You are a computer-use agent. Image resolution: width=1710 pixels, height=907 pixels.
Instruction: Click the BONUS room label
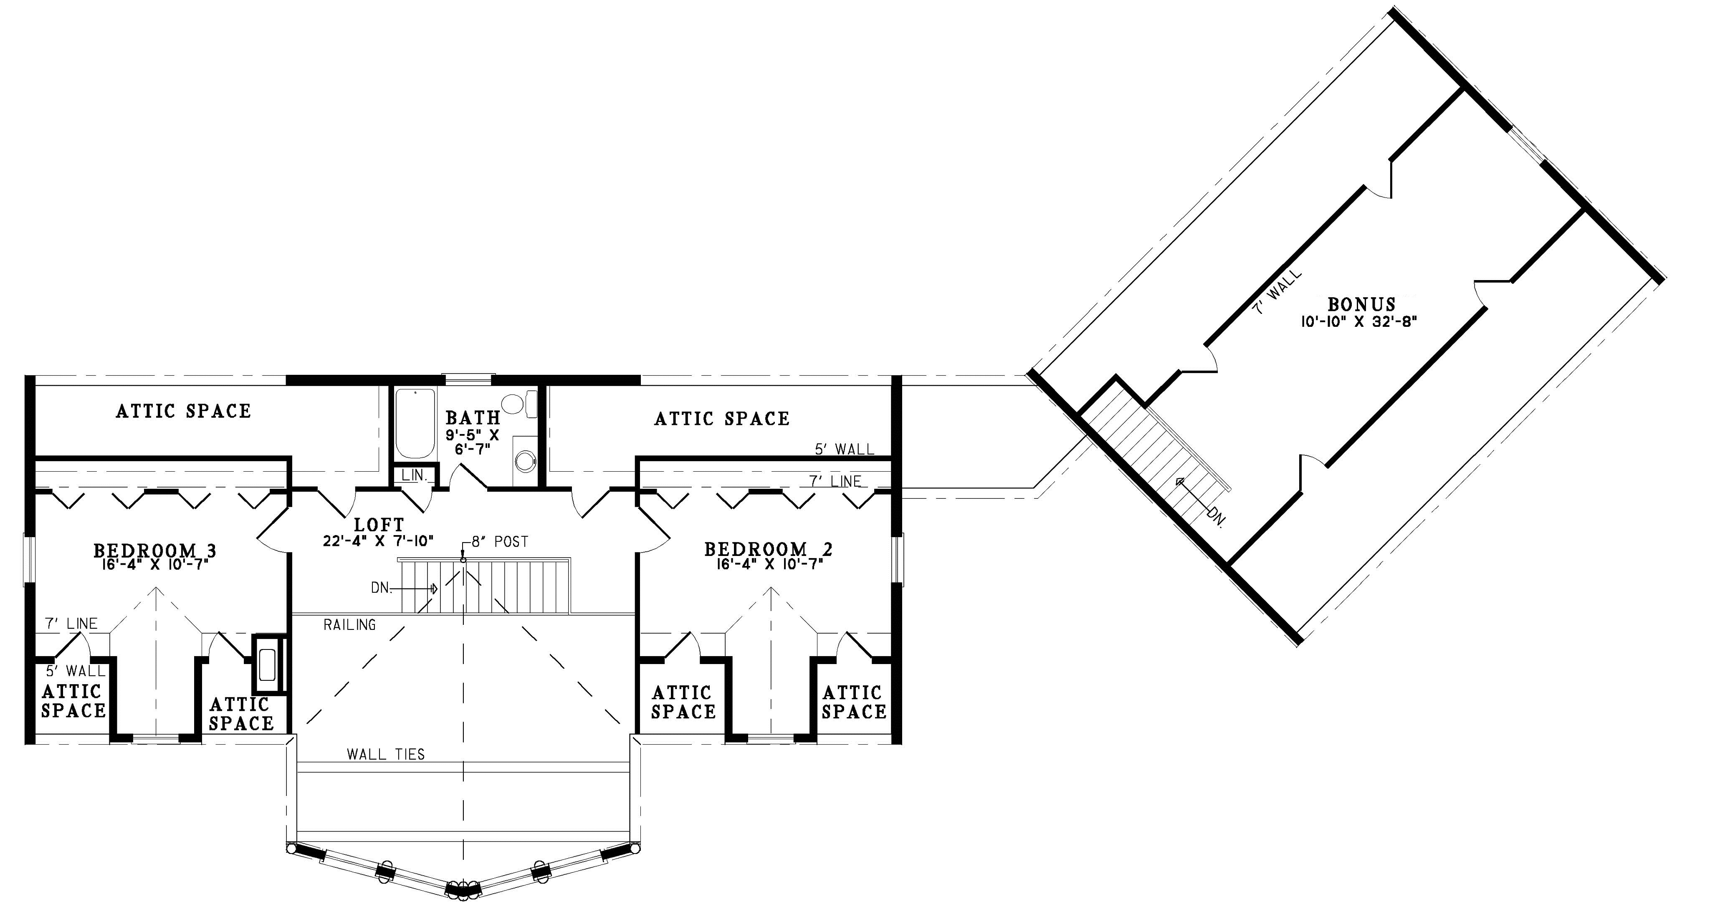(x=1361, y=305)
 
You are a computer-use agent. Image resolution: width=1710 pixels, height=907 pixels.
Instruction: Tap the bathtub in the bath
(x=415, y=423)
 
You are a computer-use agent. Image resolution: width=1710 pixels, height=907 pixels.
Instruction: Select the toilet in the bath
(x=519, y=403)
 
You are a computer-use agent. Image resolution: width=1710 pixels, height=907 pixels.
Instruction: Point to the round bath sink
(x=526, y=460)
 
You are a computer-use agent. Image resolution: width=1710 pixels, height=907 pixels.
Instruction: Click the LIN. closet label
(x=414, y=476)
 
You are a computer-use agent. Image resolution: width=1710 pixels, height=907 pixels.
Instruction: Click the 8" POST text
(x=500, y=542)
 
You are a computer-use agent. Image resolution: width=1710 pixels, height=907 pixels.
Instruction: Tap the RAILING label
(x=350, y=624)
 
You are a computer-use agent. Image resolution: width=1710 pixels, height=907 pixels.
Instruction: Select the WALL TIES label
(x=386, y=754)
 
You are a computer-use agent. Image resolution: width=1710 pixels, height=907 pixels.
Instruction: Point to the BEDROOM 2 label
(x=768, y=549)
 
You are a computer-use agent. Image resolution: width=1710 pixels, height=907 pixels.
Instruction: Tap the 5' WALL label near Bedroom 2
(x=845, y=449)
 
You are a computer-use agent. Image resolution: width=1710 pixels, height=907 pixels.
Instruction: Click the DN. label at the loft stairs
(x=380, y=588)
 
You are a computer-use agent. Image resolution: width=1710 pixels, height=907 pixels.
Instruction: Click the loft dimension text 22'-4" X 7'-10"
(x=378, y=541)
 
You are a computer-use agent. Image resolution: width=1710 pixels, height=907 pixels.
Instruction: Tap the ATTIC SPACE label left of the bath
(x=183, y=412)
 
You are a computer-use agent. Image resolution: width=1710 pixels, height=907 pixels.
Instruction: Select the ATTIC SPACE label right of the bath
(x=722, y=419)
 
